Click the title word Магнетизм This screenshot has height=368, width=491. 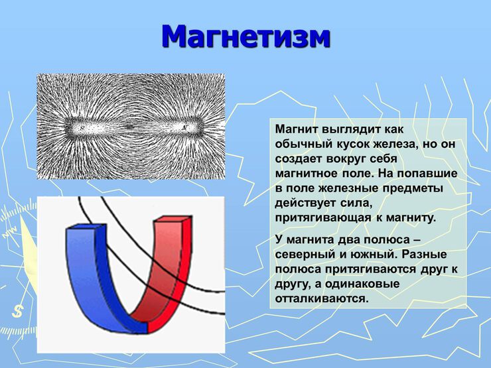245,36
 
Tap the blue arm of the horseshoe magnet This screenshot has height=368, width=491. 93,278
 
